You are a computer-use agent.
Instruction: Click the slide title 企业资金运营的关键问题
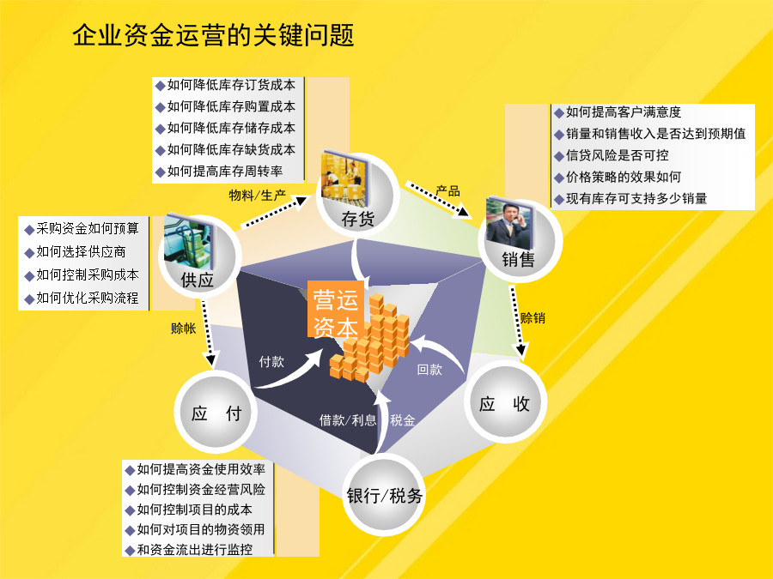coord(213,35)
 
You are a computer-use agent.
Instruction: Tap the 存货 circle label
coord(358,219)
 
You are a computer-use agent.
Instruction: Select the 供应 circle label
coord(198,280)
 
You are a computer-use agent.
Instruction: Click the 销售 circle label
coord(518,259)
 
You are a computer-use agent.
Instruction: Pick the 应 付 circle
coord(216,413)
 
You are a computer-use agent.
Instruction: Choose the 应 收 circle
coord(504,403)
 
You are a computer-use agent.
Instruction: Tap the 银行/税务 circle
coord(384,495)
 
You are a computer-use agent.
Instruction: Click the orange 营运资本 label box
coord(336,309)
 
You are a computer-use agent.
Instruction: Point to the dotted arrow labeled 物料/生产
coord(275,212)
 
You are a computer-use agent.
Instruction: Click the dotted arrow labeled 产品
coord(437,199)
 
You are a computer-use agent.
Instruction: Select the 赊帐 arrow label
coord(184,329)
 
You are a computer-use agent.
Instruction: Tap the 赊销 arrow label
coord(533,318)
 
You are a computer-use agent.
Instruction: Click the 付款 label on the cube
coord(271,362)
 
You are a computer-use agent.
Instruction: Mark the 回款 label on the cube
coord(429,369)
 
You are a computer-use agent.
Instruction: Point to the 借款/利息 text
coord(348,420)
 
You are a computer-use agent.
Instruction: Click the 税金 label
coord(403,420)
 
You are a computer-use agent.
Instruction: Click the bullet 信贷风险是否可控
coord(612,155)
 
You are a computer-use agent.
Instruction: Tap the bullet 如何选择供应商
coord(76,252)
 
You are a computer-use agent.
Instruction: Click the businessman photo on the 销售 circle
coord(508,222)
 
